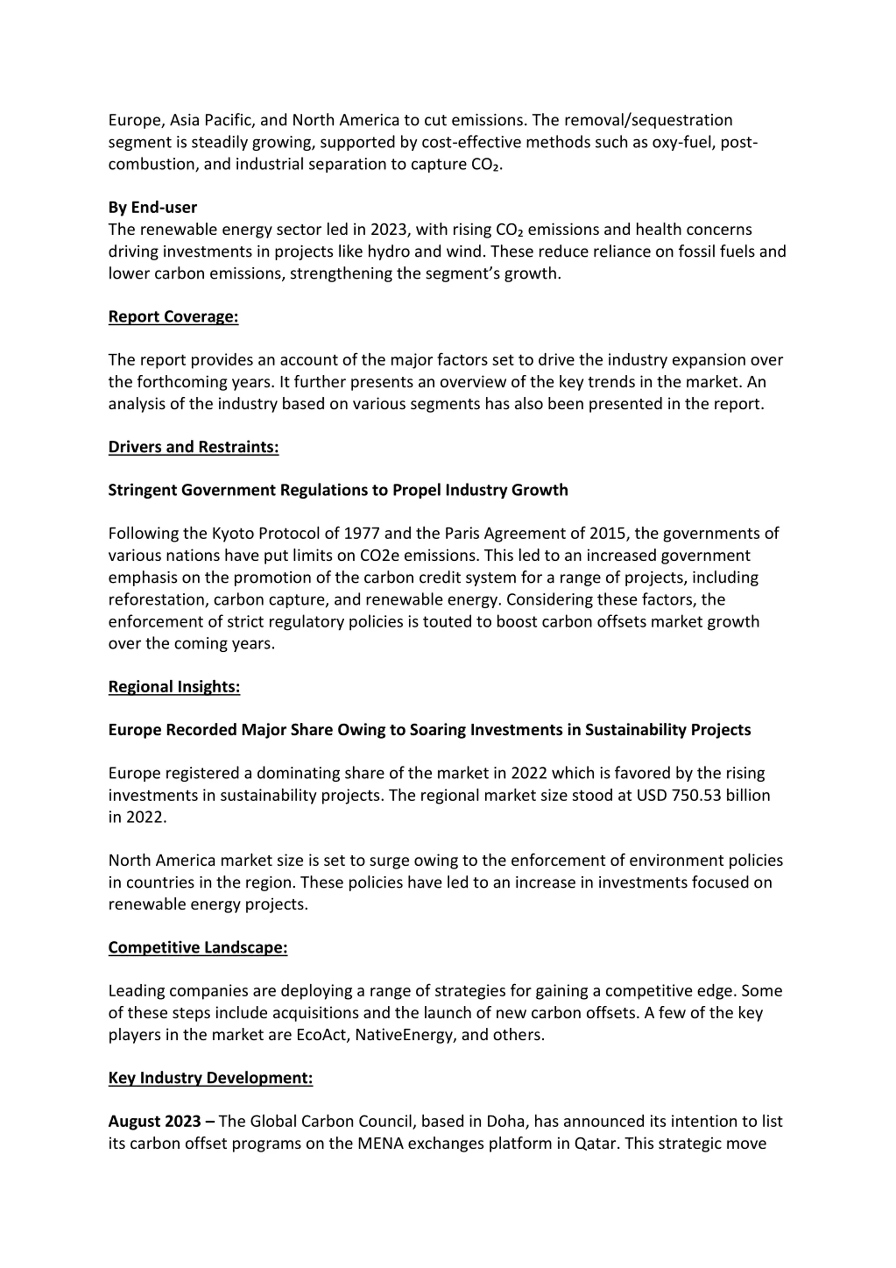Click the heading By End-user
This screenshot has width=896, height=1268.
point(152,208)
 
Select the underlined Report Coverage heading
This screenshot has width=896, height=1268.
point(173,317)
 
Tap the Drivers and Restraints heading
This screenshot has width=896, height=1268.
point(193,447)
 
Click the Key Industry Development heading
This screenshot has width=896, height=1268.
point(210,1078)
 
